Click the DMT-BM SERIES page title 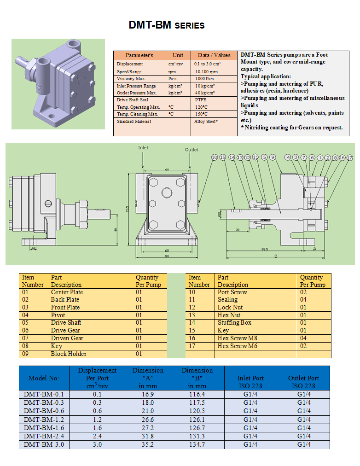[167, 25]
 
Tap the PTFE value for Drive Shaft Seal [200, 99]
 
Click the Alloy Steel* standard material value [206, 122]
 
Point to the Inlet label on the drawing [144, 148]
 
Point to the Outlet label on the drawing [192, 150]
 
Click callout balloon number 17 [350, 157]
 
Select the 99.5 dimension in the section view [264, 249]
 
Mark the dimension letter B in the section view [276, 256]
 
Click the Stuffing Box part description [234, 323]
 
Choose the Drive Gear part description [65, 331]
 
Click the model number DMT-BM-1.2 [44, 419]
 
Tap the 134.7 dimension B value [197, 444]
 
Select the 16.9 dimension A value [148, 395]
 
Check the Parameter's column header [139, 55]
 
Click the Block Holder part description [69, 354]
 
